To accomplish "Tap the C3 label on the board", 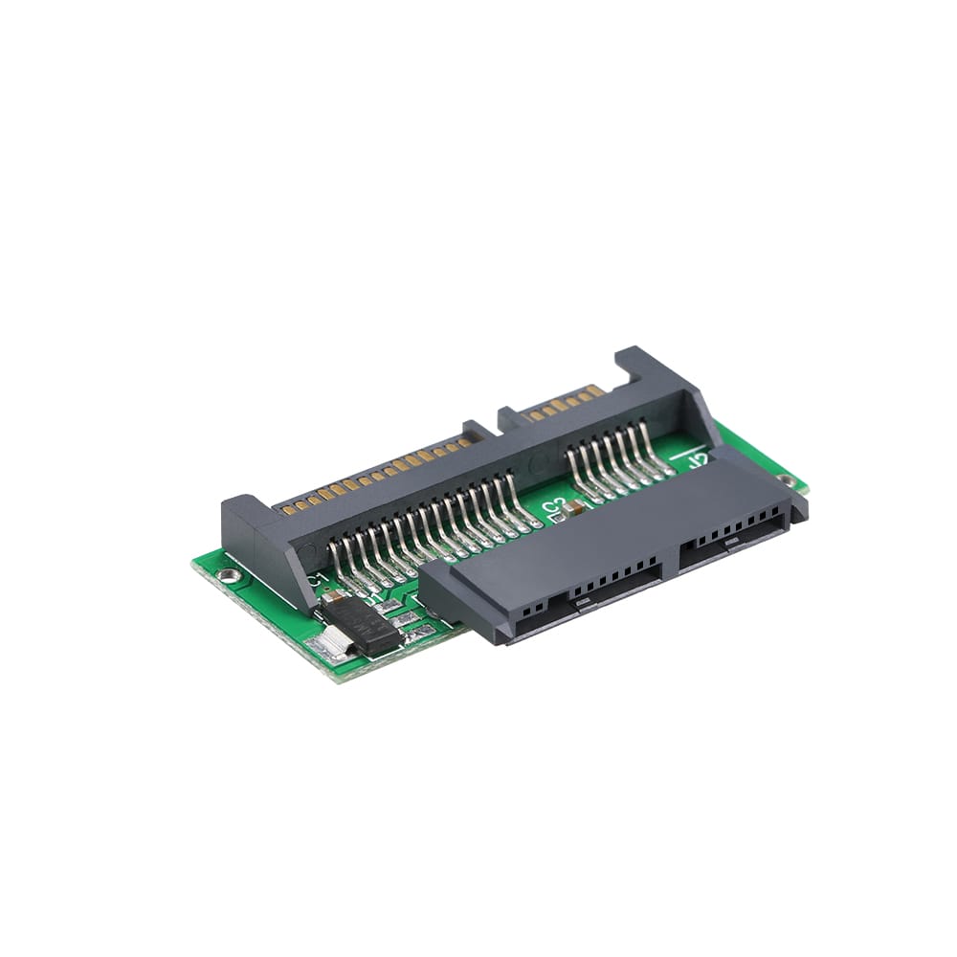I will click(x=553, y=508).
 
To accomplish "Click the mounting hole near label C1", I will click(x=230, y=574).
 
